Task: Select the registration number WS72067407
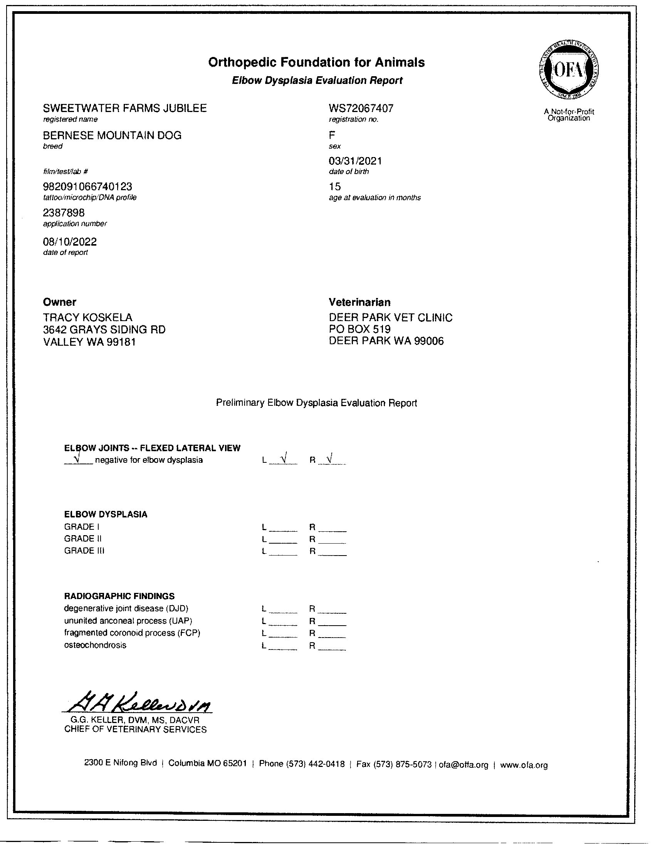click(x=361, y=108)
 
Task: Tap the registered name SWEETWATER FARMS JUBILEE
click(x=124, y=108)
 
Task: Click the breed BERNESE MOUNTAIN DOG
click(x=112, y=136)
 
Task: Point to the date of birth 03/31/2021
click(x=356, y=161)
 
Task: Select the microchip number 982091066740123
click(x=87, y=187)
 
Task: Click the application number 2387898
click(x=64, y=213)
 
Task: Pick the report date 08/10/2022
click(x=69, y=242)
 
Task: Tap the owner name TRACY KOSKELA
click(x=88, y=317)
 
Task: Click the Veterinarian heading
click(x=360, y=302)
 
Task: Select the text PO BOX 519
click(x=360, y=329)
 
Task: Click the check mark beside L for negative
click(x=284, y=459)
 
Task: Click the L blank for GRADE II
click(x=283, y=539)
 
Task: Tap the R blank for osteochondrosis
click(x=332, y=646)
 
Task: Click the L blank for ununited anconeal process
click(x=283, y=621)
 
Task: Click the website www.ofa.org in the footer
click(x=524, y=765)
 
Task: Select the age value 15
click(x=335, y=187)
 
